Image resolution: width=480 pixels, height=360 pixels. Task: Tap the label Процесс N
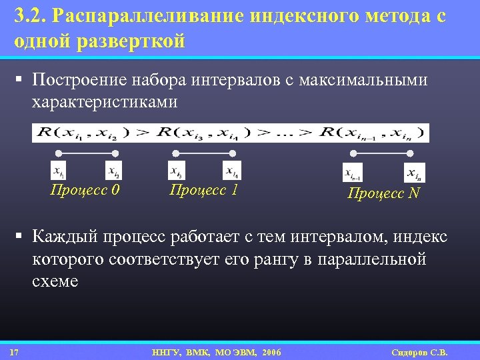(x=383, y=193)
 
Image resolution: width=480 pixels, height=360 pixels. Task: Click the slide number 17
(x=14, y=352)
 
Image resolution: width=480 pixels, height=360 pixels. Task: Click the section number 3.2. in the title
(x=29, y=16)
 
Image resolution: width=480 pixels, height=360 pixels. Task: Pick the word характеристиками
(x=105, y=102)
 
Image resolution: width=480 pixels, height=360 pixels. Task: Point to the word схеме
(x=55, y=281)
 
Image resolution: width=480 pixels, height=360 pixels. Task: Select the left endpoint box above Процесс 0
(x=59, y=171)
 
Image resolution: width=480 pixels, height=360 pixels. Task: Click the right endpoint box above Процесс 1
(x=232, y=171)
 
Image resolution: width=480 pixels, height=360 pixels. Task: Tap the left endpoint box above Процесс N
(x=353, y=173)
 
